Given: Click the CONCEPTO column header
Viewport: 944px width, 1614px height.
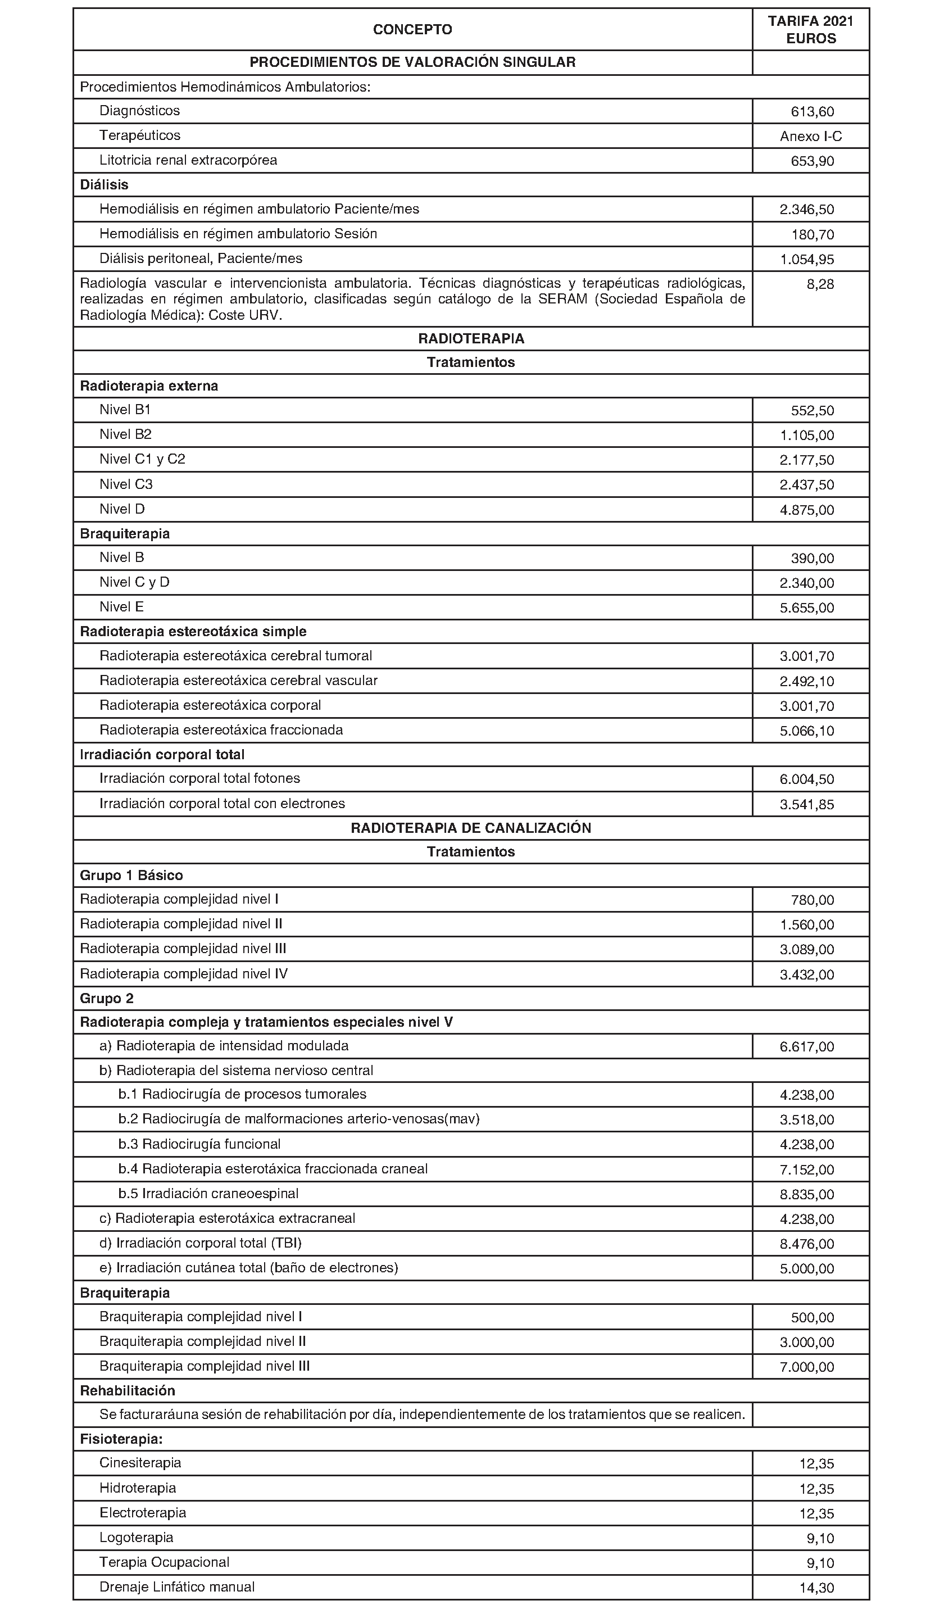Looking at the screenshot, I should tap(412, 29).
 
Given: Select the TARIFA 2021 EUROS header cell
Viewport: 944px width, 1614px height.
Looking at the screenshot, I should tap(810, 29).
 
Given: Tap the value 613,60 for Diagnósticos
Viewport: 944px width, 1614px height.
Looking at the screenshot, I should tap(812, 111).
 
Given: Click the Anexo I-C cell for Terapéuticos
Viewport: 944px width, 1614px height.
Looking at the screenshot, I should tap(810, 136).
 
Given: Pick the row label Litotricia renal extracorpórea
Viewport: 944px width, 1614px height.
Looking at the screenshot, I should tap(188, 160).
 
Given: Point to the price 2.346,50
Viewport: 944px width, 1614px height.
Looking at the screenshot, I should tap(806, 210).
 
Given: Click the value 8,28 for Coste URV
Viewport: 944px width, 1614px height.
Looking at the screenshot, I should tap(820, 284).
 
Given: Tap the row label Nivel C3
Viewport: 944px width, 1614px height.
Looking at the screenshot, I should tap(126, 484).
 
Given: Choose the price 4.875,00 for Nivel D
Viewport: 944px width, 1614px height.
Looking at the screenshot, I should tap(806, 510).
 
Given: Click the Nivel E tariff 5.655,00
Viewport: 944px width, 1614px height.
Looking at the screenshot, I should tap(806, 608).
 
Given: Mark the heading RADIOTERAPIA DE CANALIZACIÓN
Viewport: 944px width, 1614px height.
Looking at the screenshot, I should tap(471, 827).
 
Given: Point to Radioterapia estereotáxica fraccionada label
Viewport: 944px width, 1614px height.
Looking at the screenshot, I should tap(221, 730).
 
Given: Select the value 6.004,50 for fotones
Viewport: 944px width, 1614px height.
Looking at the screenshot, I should tap(806, 779).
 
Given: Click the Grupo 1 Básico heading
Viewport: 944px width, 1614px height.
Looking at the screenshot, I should tap(131, 875).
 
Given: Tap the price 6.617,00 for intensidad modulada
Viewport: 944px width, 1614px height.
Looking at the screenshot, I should tap(806, 1046).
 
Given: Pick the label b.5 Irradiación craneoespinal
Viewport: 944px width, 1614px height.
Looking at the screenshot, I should tap(208, 1193).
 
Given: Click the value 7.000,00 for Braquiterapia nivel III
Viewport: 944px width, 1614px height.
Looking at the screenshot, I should tap(806, 1367).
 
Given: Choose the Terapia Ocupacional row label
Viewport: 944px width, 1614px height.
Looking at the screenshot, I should tap(164, 1562).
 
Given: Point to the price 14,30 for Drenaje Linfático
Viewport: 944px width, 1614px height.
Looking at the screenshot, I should tap(816, 1588).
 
